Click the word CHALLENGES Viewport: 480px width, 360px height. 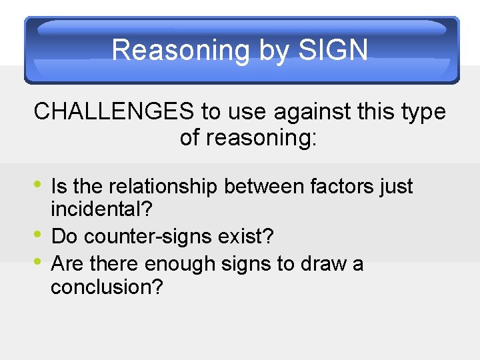tap(113, 112)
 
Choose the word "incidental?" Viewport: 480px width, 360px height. tap(102, 210)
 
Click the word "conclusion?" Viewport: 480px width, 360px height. tap(107, 287)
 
